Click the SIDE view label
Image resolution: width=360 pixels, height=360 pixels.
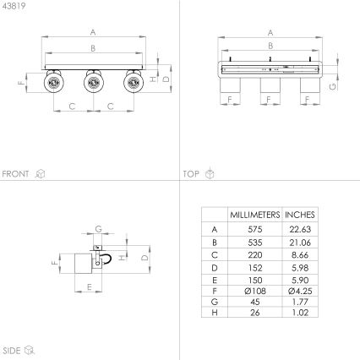(12, 348)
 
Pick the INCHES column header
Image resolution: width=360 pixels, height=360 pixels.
(300, 215)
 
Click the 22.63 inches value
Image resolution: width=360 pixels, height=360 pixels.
(300, 229)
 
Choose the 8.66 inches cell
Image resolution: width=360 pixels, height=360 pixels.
(300, 254)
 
